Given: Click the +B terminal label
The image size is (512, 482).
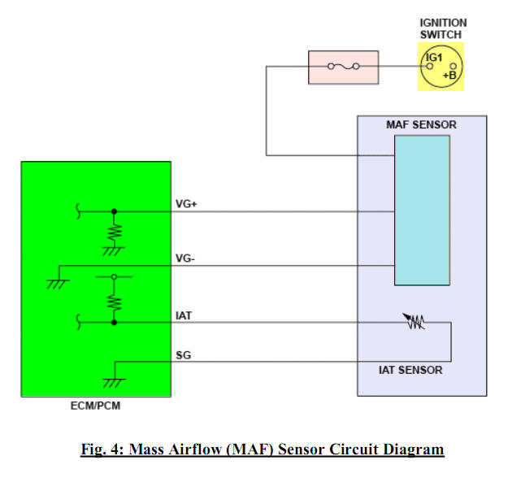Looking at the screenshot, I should click(449, 75).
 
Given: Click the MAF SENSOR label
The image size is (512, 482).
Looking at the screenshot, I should click(421, 125).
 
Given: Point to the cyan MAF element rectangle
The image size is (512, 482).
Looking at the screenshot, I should click(422, 210).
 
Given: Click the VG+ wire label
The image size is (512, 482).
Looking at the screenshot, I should click(187, 203).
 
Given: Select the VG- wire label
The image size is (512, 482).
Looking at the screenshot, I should click(186, 258).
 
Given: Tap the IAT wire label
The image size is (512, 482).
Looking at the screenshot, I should click(184, 315).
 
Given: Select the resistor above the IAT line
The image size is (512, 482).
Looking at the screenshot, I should click(114, 302).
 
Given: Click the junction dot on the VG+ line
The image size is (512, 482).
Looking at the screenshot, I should click(114, 211).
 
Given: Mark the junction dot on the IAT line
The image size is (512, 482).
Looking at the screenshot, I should click(114, 323).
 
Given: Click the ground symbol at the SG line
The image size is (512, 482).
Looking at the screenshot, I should click(114, 382).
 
